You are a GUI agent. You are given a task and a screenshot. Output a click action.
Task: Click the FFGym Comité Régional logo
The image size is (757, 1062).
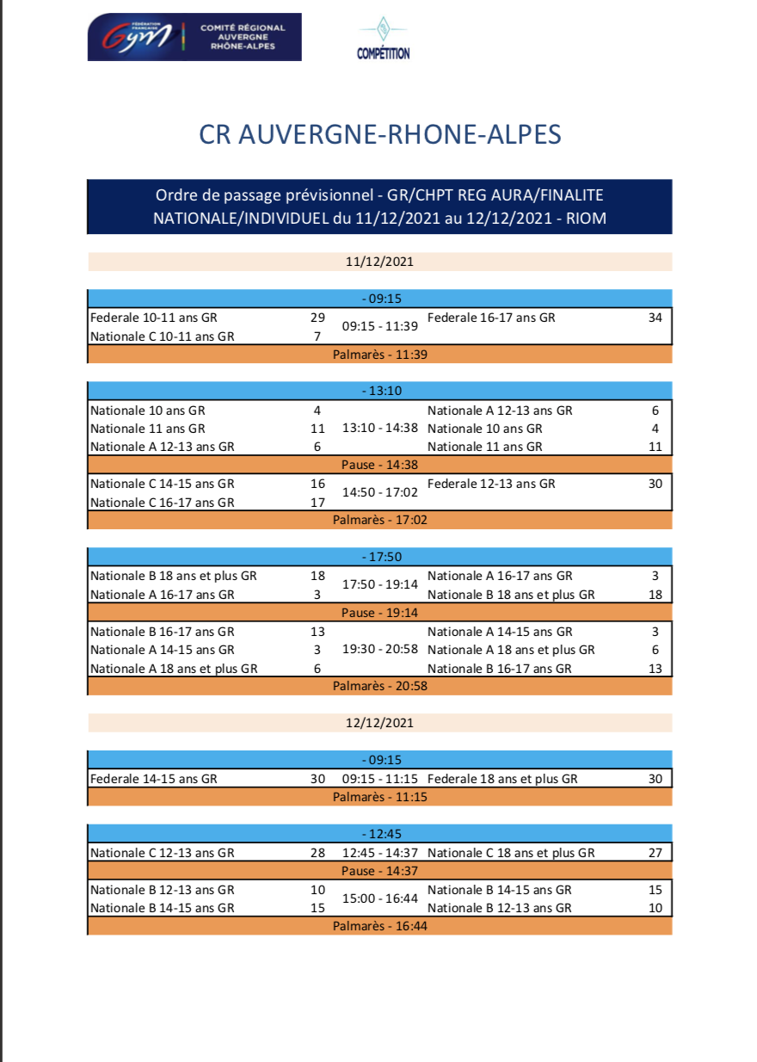[x=194, y=37]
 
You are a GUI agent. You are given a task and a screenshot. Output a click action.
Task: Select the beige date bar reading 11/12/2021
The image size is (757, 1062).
[x=379, y=262]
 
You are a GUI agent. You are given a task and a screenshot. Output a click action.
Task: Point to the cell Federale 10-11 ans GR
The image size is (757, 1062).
[x=154, y=318]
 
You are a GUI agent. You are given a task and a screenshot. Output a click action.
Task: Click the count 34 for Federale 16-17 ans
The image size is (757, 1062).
[x=655, y=318]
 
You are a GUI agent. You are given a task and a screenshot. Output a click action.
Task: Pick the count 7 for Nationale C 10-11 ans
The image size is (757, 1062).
[x=317, y=337]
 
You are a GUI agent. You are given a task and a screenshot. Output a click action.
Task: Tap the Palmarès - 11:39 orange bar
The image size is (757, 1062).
[x=379, y=355]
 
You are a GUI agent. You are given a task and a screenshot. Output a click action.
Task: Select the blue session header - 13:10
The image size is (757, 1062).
[x=379, y=391]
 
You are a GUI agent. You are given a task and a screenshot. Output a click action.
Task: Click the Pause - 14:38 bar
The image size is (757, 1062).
[x=379, y=465]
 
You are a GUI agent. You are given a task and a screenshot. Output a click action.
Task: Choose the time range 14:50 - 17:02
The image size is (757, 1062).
[x=379, y=493]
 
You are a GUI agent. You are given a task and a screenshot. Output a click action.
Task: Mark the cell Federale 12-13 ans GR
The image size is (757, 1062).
[x=491, y=484]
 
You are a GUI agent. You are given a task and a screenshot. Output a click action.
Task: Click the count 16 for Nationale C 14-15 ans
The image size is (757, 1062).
[x=317, y=484]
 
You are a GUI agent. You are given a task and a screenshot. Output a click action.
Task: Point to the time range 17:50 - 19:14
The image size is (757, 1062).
[x=379, y=584]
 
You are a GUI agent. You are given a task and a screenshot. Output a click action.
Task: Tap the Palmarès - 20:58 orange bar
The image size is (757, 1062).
[x=379, y=686]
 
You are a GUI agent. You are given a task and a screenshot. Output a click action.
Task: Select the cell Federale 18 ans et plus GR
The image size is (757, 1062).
[x=502, y=779]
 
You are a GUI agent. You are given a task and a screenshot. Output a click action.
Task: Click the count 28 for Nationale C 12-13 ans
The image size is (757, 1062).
[x=317, y=853]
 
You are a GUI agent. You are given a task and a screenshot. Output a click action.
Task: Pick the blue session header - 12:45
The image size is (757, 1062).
[x=379, y=834]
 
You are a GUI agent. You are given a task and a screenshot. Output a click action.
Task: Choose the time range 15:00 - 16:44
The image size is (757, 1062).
[x=379, y=898]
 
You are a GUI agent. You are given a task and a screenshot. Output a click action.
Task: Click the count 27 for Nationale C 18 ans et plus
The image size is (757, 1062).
[x=655, y=853]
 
